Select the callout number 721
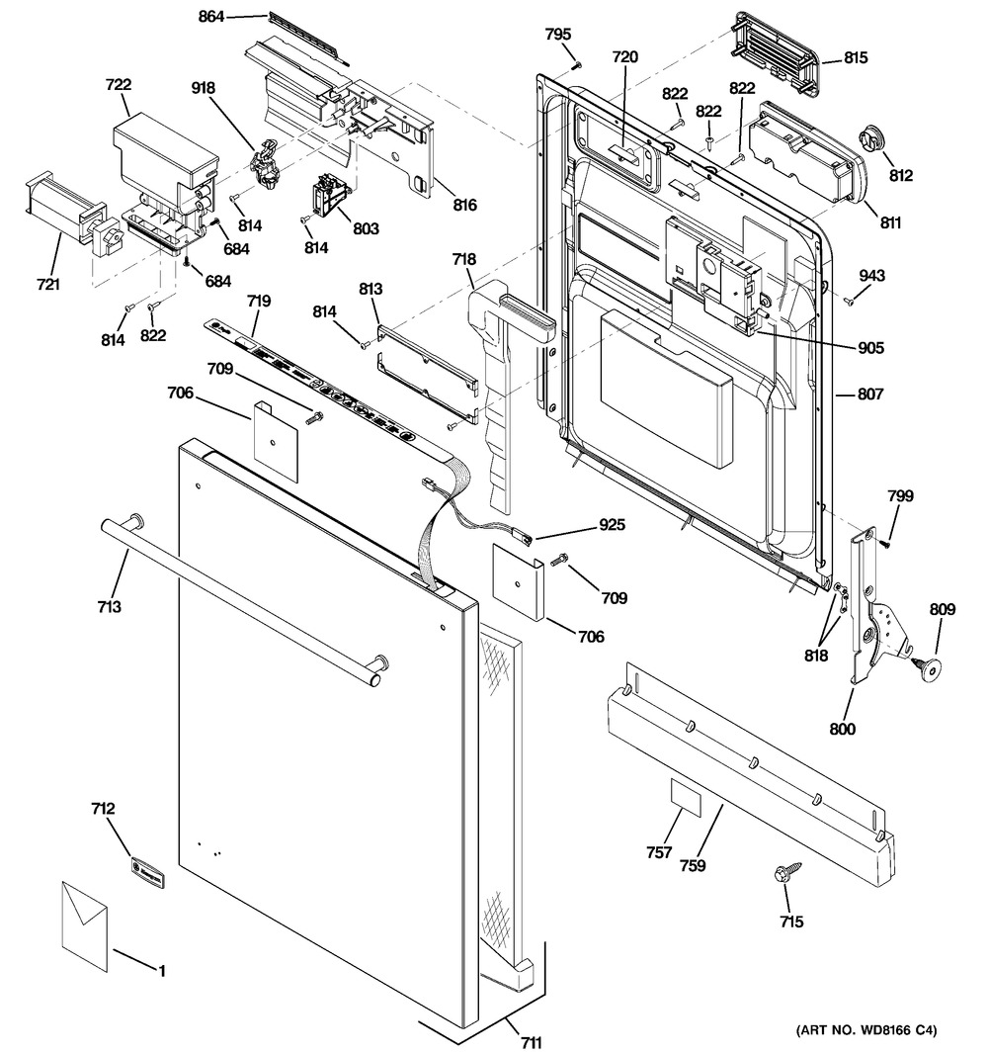click(x=47, y=285)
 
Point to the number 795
click(x=558, y=35)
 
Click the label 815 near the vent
click(x=856, y=58)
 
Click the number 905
click(x=871, y=347)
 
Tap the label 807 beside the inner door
click(x=870, y=394)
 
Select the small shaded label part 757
click(x=686, y=795)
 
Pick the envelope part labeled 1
click(x=84, y=924)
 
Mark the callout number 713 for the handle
click(x=109, y=606)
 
